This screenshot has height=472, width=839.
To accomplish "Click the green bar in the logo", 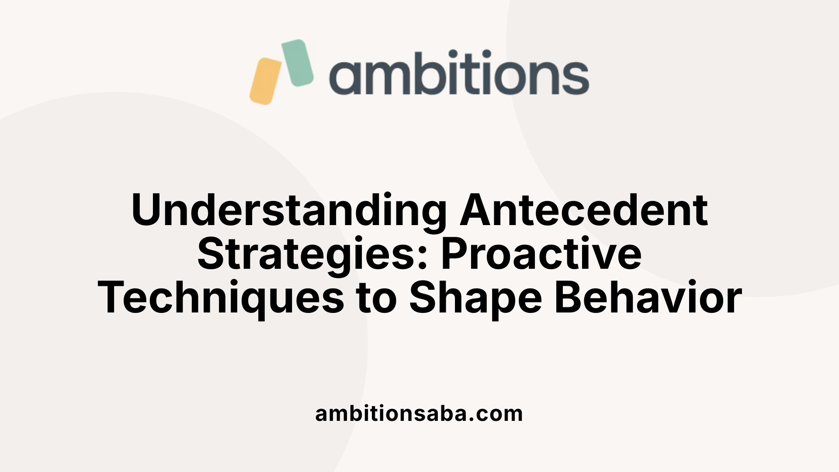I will point(298,62).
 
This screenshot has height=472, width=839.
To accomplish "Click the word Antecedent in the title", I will point(584,211).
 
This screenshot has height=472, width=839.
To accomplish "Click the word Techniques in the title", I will point(221,298).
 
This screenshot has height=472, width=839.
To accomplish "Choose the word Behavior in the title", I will point(648,298).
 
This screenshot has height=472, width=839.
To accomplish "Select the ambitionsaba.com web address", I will point(419,413).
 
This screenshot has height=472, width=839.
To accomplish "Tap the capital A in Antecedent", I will point(477,210).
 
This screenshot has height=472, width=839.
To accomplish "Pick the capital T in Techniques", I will point(113,297).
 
